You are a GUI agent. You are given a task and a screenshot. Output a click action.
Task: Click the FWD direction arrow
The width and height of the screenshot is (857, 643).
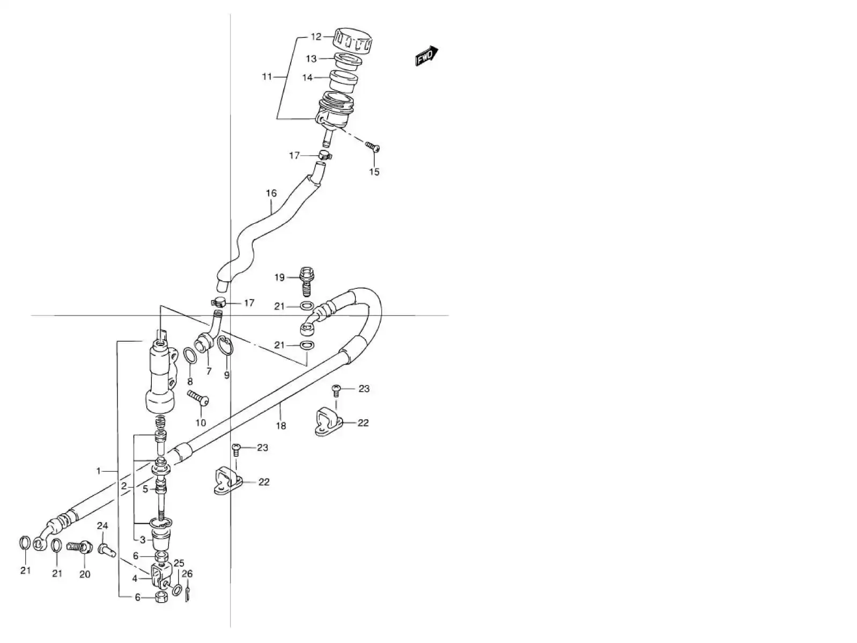click(x=427, y=56)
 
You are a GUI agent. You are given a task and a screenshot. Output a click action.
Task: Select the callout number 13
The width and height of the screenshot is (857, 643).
click(x=312, y=59)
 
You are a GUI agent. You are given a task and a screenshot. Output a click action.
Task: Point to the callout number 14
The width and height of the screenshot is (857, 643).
click(x=307, y=78)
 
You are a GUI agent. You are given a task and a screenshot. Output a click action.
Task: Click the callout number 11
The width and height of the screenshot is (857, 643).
click(x=267, y=77)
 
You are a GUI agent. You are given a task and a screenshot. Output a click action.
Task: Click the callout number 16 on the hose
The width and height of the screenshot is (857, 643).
click(x=271, y=193)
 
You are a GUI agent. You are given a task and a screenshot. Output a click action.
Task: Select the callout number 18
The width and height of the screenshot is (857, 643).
click(x=281, y=426)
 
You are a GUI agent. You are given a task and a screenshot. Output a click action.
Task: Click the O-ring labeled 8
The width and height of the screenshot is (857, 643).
click(x=190, y=356)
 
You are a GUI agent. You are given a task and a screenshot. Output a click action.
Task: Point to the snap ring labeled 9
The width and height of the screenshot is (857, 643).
click(x=226, y=348)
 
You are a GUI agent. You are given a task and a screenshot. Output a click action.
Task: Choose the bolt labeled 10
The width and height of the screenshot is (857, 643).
click(x=198, y=398)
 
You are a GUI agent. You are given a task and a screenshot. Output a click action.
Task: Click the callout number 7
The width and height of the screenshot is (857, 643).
click(x=209, y=371)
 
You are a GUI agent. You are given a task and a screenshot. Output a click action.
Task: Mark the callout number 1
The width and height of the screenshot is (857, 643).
click(x=99, y=471)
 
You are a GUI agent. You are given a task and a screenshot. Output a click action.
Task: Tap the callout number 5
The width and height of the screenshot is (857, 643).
click(x=145, y=489)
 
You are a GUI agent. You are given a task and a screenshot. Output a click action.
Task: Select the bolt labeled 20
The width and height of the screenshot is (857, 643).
click(x=80, y=548)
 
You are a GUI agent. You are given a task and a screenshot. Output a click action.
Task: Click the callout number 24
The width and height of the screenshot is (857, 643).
click(x=102, y=525)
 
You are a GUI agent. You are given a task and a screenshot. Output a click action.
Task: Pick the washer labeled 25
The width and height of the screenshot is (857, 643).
click(x=178, y=590)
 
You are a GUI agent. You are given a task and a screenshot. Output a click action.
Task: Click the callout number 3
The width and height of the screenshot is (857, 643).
click(x=143, y=540)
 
